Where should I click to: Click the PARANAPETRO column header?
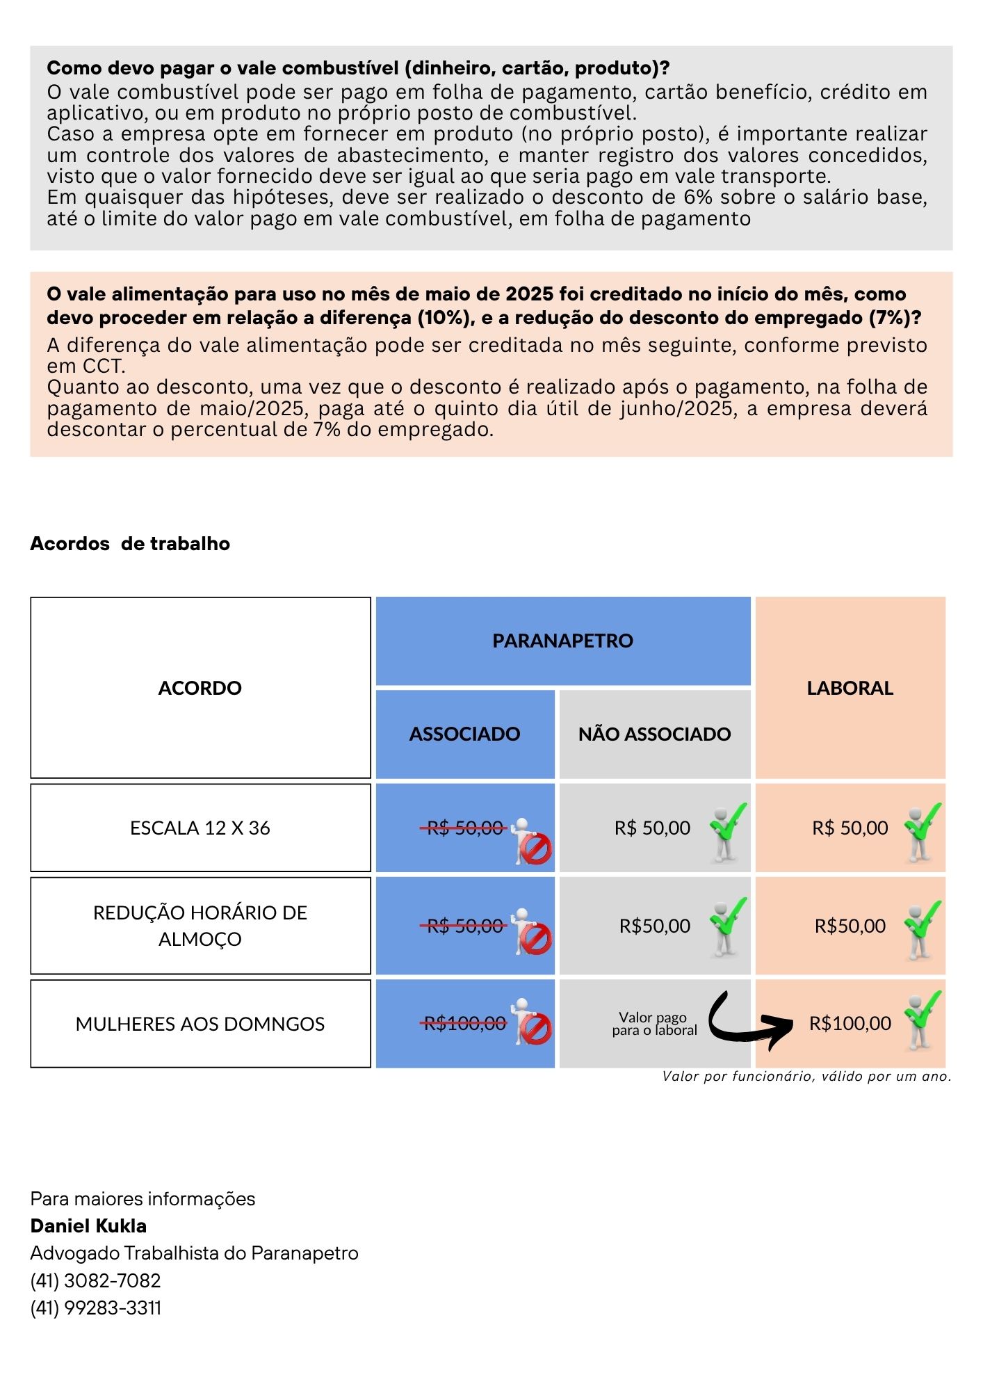(562, 641)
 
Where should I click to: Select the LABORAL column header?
(850, 688)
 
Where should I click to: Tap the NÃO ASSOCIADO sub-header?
(654, 734)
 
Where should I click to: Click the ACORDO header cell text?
(200, 688)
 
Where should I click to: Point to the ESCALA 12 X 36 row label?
(200, 828)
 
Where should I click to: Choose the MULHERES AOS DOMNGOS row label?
(200, 1024)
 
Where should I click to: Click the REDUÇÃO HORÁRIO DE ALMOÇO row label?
(200, 926)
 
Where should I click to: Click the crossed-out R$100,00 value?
(464, 1023)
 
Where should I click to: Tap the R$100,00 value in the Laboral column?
(850, 1023)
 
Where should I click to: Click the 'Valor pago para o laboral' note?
(653, 1024)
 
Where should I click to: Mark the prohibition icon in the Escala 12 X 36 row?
(535, 849)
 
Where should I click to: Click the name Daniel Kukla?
(88, 1226)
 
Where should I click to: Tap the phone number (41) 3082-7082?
(95, 1280)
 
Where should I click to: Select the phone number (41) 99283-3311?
(95, 1308)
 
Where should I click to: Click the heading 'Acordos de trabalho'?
(130, 543)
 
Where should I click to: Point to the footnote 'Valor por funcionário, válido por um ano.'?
(806, 1077)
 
